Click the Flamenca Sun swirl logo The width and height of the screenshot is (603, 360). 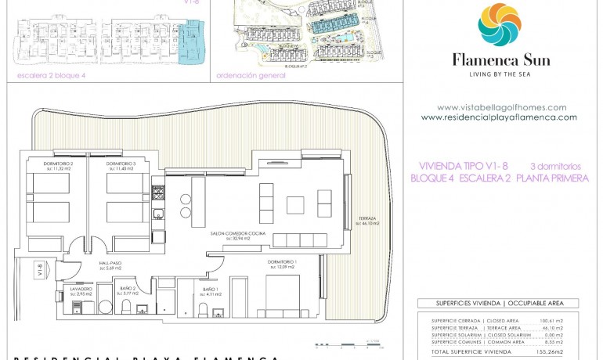pyautogui.click(x=500, y=25)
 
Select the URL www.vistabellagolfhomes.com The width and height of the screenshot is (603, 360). pyautogui.click(x=501, y=107)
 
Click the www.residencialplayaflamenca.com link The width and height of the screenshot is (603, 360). pyautogui.click(x=499, y=117)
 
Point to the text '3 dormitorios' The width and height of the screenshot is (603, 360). pyautogui.click(x=555, y=166)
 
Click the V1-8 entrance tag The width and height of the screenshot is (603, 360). pyautogui.click(x=39, y=272)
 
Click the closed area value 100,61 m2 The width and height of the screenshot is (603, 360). pyautogui.click(x=552, y=321)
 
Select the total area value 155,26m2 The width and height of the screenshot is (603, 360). pyautogui.click(x=549, y=353)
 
